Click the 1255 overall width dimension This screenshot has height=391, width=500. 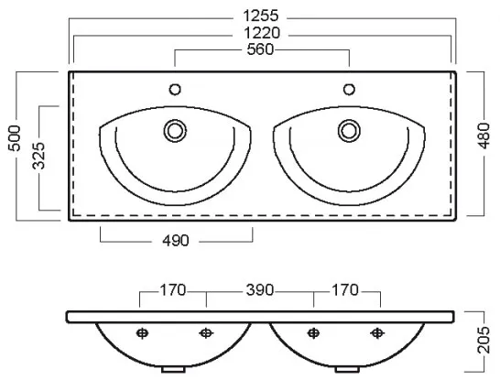pyautogui.click(x=261, y=15)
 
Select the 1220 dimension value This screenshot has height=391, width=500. pyautogui.click(x=262, y=33)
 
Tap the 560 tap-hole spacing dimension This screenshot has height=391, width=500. pyautogui.click(x=260, y=49)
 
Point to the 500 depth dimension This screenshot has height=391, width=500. pyautogui.click(x=15, y=137)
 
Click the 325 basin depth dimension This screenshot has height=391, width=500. pyautogui.click(x=39, y=156)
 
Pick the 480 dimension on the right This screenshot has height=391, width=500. pyautogui.click(x=484, y=136)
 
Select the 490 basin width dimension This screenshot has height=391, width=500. pyautogui.click(x=176, y=241)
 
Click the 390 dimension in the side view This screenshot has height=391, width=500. pyautogui.click(x=260, y=290)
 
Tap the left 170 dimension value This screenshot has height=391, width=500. pyautogui.click(x=172, y=290)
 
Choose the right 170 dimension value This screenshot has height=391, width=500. pyautogui.click(x=345, y=290)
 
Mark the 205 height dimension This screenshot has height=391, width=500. pyautogui.click(x=484, y=340)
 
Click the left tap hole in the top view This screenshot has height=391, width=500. pyautogui.click(x=175, y=90)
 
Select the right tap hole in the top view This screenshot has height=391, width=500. pyautogui.click(x=349, y=90)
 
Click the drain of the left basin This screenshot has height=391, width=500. pyautogui.click(x=175, y=131)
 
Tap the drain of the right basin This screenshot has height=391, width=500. pyautogui.click(x=349, y=131)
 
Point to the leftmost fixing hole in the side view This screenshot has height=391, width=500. pyautogui.click(x=142, y=333)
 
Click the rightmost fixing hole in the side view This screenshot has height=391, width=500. pyautogui.click(x=377, y=333)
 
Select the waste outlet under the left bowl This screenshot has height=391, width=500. pyautogui.click(x=173, y=370)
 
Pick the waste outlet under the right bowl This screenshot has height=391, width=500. pyautogui.click(x=347, y=370)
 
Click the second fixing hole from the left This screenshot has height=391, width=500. pyautogui.click(x=206, y=333)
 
